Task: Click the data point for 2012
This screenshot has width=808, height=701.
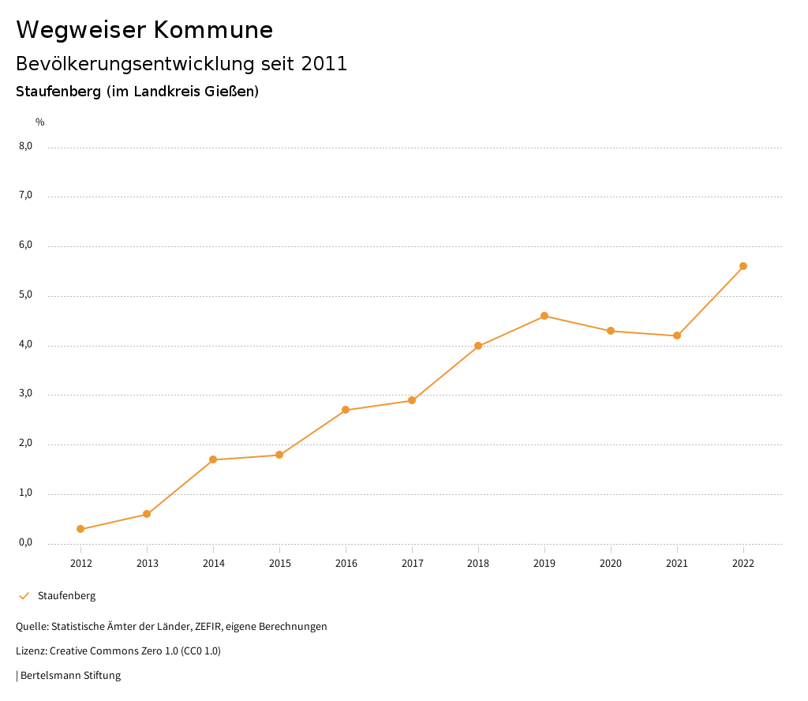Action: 80,529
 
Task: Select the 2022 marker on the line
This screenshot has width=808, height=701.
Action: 743,266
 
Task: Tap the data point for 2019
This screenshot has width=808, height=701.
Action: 544,316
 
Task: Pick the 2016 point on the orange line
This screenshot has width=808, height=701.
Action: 346,410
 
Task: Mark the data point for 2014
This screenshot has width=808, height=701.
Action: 213,459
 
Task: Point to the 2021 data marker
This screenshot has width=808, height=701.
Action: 677,336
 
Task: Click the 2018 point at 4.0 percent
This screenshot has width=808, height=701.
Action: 478,346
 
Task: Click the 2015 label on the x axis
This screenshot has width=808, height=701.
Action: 279,564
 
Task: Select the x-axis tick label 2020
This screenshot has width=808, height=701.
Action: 611,564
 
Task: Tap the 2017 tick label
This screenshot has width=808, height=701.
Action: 412,564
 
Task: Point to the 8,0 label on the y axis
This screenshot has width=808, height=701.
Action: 26,146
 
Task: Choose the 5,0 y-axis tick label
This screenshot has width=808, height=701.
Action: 26,295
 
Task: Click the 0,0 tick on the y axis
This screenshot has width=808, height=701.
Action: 26,543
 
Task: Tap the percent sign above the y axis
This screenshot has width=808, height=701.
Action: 40,122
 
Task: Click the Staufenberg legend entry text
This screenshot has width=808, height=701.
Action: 66,596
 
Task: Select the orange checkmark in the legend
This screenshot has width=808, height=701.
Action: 24,596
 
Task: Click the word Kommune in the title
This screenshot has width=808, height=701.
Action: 213,30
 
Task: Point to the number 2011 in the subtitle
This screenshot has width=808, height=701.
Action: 324,64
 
